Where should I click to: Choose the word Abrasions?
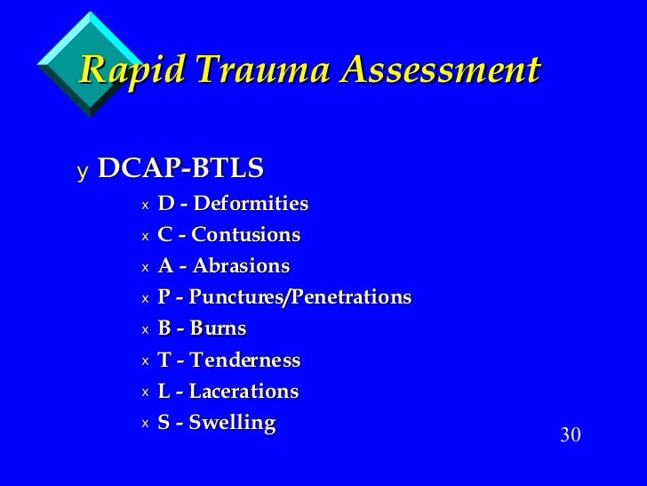[x=241, y=266]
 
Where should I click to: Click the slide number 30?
[x=570, y=435]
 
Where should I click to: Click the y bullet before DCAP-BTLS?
[x=83, y=170]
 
